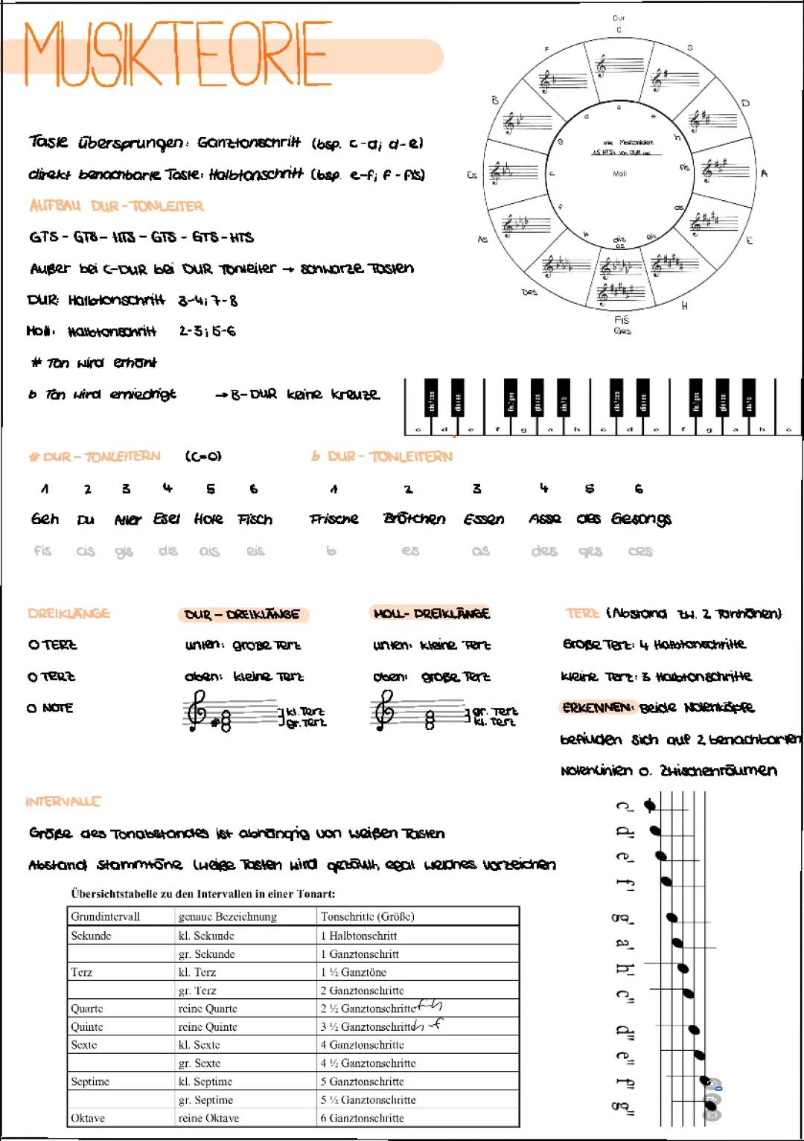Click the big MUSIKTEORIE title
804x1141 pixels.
[x=178, y=54]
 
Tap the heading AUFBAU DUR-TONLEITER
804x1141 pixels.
[x=116, y=206]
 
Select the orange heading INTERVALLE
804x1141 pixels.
[x=63, y=802]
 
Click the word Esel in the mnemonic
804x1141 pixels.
[x=167, y=519]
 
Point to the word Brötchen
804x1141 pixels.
[x=414, y=519]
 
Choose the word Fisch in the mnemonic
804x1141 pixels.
[x=255, y=520]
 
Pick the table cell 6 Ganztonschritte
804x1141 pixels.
[x=363, y=1118]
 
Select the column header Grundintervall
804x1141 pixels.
[x=105, y=916]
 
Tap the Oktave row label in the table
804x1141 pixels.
[x=88, y=1118]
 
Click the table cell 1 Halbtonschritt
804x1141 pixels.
[x=359, y=936]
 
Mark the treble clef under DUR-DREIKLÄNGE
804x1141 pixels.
[x=197, y=710]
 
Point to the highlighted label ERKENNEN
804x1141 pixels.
[x=598, y=707]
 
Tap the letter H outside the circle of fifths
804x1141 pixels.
[x=684, y=306]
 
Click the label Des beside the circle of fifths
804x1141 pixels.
[x=529, y=293]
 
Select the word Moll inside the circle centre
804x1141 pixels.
[x=619, y=173]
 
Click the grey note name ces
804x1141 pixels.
[x=639, y=552]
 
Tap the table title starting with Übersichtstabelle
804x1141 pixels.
[x=202, y=893]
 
